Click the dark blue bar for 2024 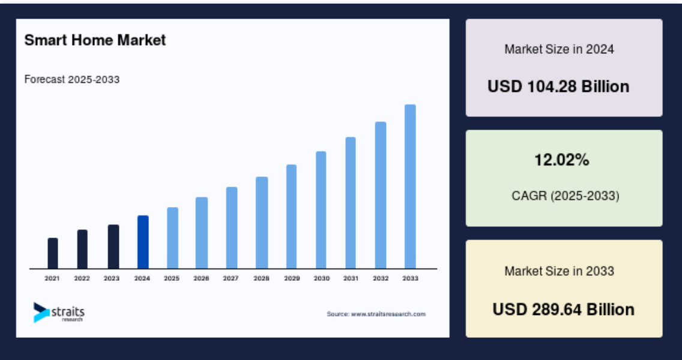pos(143,242)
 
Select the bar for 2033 pos(410,187)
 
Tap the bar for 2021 pos(53,253)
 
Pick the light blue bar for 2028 pos(262,223)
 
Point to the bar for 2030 pos(321,210)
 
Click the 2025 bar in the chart pos(173,238)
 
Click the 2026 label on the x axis pos(201,278)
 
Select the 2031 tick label pos(351,278)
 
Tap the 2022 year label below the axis pos(82,278)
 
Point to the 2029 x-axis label pos(292,278)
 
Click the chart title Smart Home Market pos(95,40)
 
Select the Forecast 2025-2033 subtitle pos(72,80)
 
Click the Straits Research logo pos(59,312)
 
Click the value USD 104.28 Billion pos(558,86)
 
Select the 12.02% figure pos(562,160)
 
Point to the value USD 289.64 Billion pos(563,310)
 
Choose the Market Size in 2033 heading pos(560,271)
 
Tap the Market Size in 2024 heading pos(560,50)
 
